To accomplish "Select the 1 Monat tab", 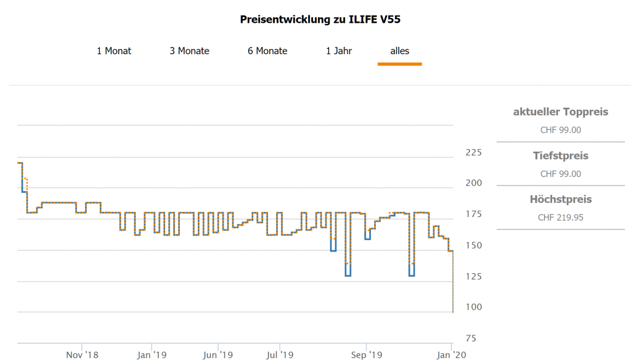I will [x=114, y=51].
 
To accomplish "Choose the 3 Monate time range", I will [x=189, y=51].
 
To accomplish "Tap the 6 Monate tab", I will [x=267, y=51].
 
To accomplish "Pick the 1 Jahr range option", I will [x=339, y=51].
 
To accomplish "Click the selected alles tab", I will [x=399, y=51].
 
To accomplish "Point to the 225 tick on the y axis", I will [x=473, y=153].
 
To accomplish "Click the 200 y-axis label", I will [x=473, y=184].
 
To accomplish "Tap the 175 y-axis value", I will [x=473, y=215].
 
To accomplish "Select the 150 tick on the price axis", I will [x=473, y=245].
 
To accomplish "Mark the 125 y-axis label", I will [x=473, y=276].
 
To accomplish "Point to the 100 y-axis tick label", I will [x=473, y=307].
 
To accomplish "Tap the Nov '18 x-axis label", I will [x=82, y=354].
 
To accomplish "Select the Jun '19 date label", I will [x=218, y=354].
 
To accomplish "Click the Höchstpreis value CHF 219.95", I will [x=560, y=217].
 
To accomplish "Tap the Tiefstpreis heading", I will [x=560, y=156].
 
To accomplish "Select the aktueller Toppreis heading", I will [x=560, y=112].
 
